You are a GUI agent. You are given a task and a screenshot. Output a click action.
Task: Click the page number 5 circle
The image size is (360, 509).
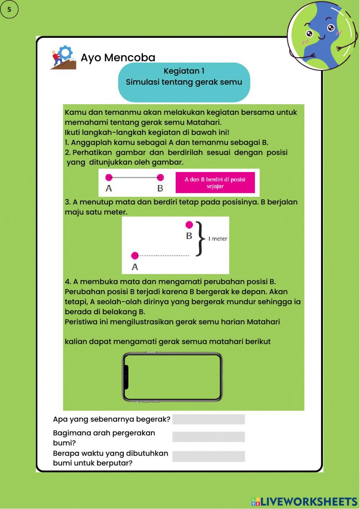click(9, 10)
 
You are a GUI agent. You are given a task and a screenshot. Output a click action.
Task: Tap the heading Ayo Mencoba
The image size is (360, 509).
click(118, 58)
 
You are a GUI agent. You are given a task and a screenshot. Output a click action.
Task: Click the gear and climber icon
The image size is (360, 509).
click(63, 57)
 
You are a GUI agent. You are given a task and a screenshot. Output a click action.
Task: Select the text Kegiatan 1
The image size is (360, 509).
click(184, 71)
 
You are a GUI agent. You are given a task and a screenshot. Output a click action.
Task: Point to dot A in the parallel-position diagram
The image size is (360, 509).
click(109, 177)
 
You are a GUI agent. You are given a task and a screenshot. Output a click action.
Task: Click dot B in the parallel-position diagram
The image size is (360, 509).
click(161, 177)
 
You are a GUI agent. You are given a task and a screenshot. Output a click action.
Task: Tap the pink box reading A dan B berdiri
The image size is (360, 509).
click(215, 183)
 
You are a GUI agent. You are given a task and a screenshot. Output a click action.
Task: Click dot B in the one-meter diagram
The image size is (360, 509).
click(189, 225)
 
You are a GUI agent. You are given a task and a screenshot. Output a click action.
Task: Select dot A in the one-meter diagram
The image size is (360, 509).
click(135, 256)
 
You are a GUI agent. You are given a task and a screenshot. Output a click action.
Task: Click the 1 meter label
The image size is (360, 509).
click(217, 239)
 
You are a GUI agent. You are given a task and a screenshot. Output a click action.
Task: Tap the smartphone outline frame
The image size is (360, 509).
click(172, 377)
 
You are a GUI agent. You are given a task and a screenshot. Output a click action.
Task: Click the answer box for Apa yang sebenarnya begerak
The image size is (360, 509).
click(208, 419)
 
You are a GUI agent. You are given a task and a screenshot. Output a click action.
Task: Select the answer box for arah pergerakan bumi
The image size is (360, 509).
click(208, 437)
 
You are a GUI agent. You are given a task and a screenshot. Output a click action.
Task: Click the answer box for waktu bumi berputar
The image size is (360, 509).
click(208, 456)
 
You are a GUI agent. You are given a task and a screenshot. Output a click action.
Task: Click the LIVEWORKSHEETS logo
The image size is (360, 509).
click(304, 501)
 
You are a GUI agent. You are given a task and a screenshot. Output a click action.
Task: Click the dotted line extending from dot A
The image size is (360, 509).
click(164, 256)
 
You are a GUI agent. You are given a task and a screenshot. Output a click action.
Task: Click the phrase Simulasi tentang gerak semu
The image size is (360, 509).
click(184, 82)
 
